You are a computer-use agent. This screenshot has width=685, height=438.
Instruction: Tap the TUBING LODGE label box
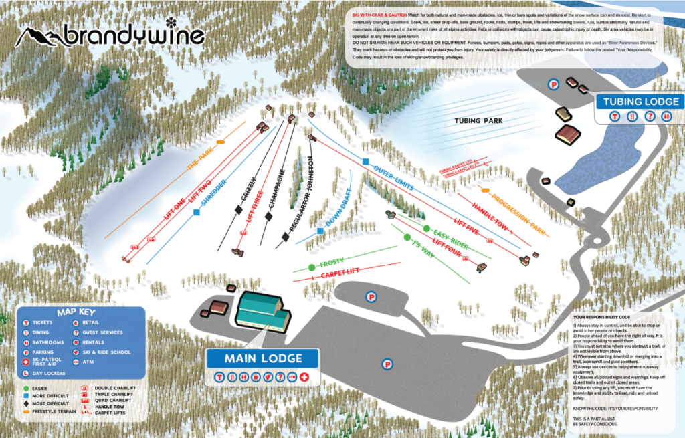pyautogui.click(x=641, y=102)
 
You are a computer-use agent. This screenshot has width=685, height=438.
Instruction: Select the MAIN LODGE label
pyautogui.click(x=263, y=358)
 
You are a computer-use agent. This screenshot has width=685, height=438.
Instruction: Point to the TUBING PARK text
pyautogui.click(x=478, y=121)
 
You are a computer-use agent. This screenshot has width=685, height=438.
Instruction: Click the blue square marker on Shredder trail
pyautogui.click(x=197, y=212)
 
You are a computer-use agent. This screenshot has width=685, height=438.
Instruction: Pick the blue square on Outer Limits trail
pyautogui.click(x=365, y=162)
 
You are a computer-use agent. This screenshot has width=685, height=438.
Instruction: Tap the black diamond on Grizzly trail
pyautogui.click(x=239, y=210)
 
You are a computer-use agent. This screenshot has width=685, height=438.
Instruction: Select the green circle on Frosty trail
pyautogui.click(x=312, y=267)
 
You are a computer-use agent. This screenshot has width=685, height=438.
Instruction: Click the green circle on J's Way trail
pyautogui.click(x=406, y=237)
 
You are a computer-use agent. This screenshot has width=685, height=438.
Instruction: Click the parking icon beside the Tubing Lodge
pyautogui.click(x=553, y=84)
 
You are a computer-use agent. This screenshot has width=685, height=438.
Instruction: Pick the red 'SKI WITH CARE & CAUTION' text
pyautogui.click(x=379, y=15)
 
